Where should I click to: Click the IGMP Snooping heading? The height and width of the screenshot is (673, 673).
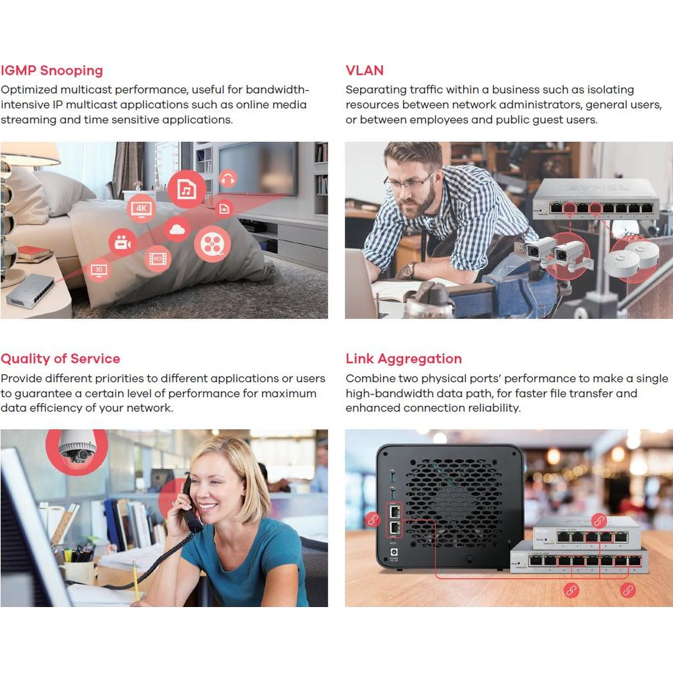[x=52, y=71]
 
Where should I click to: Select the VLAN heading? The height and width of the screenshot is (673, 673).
[x=364, y=71]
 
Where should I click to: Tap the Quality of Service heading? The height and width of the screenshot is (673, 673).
[x=60, y=359]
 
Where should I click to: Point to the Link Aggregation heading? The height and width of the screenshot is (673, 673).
[x=403, y=359]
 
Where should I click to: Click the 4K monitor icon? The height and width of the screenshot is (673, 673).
[x=141, y=209]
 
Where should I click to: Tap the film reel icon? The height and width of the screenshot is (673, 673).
[x=212, y=244]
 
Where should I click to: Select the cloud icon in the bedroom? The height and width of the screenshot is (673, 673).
[x=177, y=230]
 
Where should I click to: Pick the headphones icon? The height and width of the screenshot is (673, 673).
[x=228, y=178]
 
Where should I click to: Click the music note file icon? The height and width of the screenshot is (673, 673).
[x=186, y=189]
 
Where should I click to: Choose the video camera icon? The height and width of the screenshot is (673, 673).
[x=122, y=243]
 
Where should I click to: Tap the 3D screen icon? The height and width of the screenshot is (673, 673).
[x=99, y=271]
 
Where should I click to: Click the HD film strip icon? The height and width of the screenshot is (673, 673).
[x=157, y=259]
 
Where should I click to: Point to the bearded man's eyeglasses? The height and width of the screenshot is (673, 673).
[x=411, y=182]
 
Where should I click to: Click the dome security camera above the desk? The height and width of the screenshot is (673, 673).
[x=77, y=448]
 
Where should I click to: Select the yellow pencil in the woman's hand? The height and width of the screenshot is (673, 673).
[x=135, y=581]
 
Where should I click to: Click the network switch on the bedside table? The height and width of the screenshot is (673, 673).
[x=30, y=290]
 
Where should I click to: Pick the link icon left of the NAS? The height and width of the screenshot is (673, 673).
[x=373, y=520]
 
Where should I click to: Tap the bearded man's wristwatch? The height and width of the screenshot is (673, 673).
[x=409, y=271]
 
